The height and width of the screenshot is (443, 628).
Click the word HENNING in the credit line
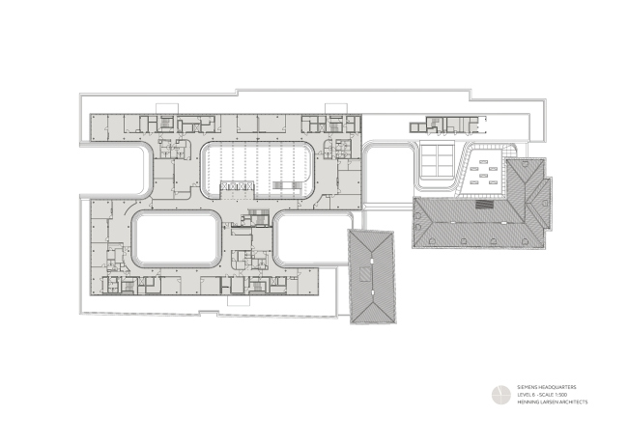tap(526, 401)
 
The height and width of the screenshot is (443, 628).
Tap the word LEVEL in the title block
tap(523, 393)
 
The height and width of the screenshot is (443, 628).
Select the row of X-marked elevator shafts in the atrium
tap(235, 186)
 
